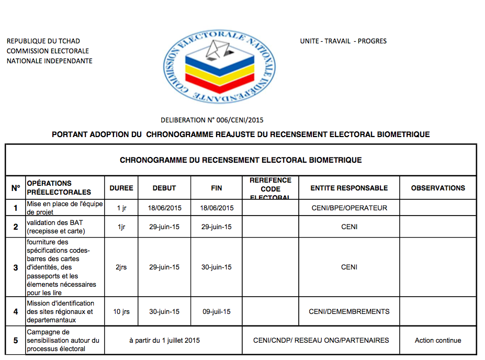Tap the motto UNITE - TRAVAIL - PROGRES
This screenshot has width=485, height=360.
pyautogui.click(x=343, y=41)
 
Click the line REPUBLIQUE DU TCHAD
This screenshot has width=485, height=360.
pyautogui.click(x=43, y=41)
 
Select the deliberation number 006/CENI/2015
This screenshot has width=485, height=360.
pyautogui.click(x=212, y=120)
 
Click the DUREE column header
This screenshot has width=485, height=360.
pyautogui.click(x=121, y=188)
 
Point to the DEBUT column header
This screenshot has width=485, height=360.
pyautogui.click(x=164, y=188)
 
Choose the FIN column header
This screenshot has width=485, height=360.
pyautogui.click(x=217, y=188)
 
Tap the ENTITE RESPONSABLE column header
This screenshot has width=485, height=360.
pyautogui.click(x=349, y=188)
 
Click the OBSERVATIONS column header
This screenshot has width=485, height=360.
pyautogui.click(x=438, y=188)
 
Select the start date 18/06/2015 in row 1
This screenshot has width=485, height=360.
pyautogui.click(x=164, y=208)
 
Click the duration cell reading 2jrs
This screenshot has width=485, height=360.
pyautogui.click(x=121, y=267)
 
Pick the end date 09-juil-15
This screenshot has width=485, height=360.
pyautogui.click(x=217, y=312)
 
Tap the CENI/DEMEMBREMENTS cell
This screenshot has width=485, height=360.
pyautogui.click(x=349, y=312)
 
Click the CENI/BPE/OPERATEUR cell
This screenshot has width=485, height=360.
pyautogui.click(x=349, y=208)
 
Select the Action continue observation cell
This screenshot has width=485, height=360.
pyautogui.click(x=438, y=341)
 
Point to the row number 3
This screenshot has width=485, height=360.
pyautogui.click(x=16, y=267)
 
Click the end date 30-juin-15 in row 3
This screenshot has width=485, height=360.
pyautogui.click(x=217, y=267)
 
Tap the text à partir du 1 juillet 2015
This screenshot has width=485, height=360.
pyautogui.click(x=164, y=341)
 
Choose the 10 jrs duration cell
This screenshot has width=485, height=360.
pyautogui.click(x=121, y=312)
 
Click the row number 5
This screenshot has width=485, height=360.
pyautogui.click(x=16, y=341)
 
